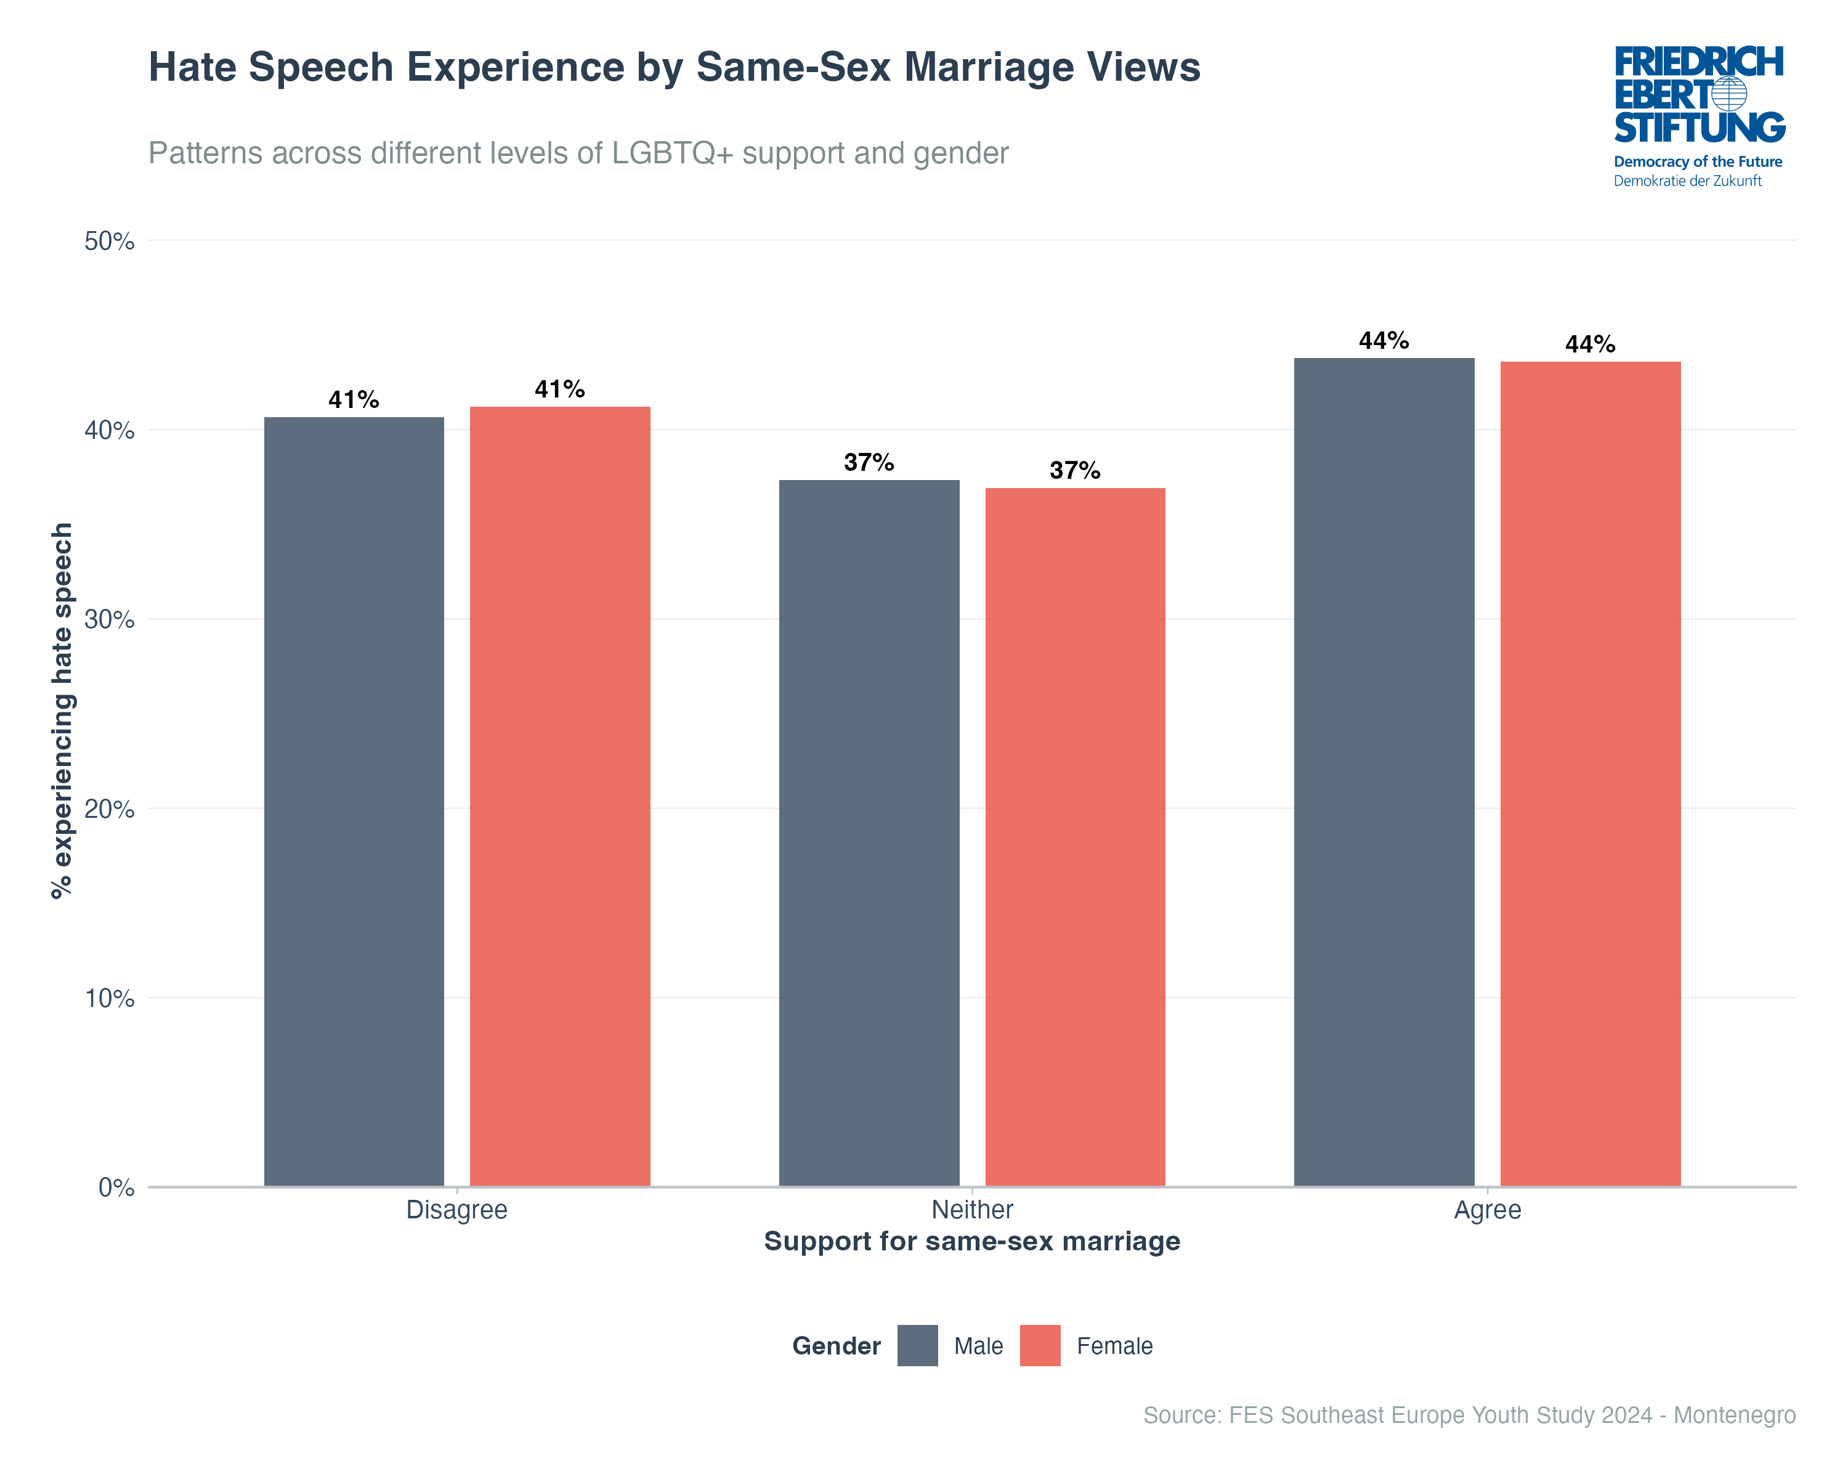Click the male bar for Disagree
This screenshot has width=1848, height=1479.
coord(354,802)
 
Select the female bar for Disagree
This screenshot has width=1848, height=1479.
coord(560,797)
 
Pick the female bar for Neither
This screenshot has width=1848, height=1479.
coord(1075,837)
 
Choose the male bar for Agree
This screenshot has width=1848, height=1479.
coord(1384,772)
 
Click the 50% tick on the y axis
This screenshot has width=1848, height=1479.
coord(110,241)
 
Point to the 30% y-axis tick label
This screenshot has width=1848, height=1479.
coord(110,620)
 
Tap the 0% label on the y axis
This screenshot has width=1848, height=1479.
coord(116,1188)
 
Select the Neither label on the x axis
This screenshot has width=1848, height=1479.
coord(972,1210)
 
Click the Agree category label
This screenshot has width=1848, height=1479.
coord(1487,1210)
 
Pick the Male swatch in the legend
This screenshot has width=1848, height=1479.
coord(917,1345)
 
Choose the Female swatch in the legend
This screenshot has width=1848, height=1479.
coord(1040,1345)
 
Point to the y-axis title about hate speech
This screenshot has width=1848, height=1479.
coord(62,710)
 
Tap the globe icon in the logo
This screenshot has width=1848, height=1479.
coord(1729,94)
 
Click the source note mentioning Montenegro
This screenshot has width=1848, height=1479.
coord(1469,1415)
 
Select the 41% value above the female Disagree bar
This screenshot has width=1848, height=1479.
coord(560,389)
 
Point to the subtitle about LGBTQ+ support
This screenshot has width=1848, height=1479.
coord(578,153)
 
